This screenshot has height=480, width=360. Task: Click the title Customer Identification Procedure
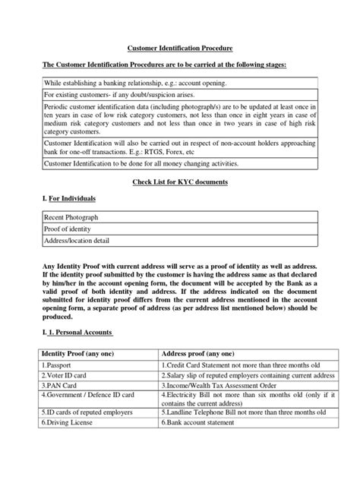coord(179,47)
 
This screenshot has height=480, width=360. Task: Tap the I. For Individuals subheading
coord(68,198)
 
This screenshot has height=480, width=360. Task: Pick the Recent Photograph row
coord(70,217)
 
